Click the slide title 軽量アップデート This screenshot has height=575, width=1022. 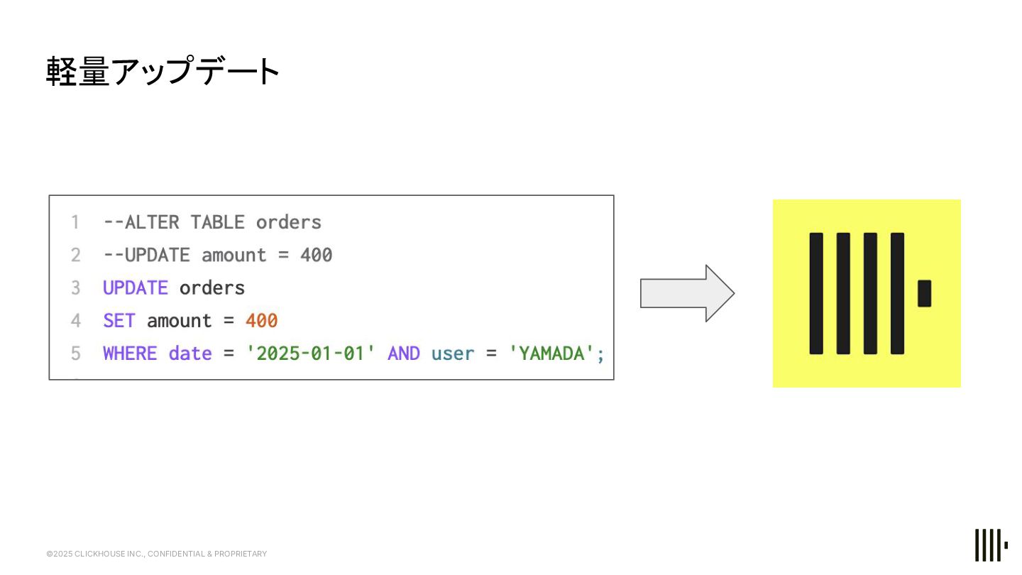163,72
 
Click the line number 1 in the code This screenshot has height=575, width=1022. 75,223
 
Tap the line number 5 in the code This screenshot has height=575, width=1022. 75,354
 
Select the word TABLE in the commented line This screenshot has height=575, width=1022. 217,223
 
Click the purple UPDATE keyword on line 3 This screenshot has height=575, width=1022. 136,288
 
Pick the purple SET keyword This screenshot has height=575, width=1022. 119,321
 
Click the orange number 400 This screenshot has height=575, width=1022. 261,321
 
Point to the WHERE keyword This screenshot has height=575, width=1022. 130,354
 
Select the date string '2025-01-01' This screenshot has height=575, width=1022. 310,354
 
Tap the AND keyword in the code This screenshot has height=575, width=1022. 403,354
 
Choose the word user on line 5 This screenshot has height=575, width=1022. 452,354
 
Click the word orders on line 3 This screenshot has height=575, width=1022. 212,288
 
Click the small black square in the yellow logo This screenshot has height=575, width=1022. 924,293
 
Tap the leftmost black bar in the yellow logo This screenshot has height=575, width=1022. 816,293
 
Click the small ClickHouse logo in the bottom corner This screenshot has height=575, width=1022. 991,545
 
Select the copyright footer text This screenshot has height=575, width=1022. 157,554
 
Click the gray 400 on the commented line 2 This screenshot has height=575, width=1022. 316,256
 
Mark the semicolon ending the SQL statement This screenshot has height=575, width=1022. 600,354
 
